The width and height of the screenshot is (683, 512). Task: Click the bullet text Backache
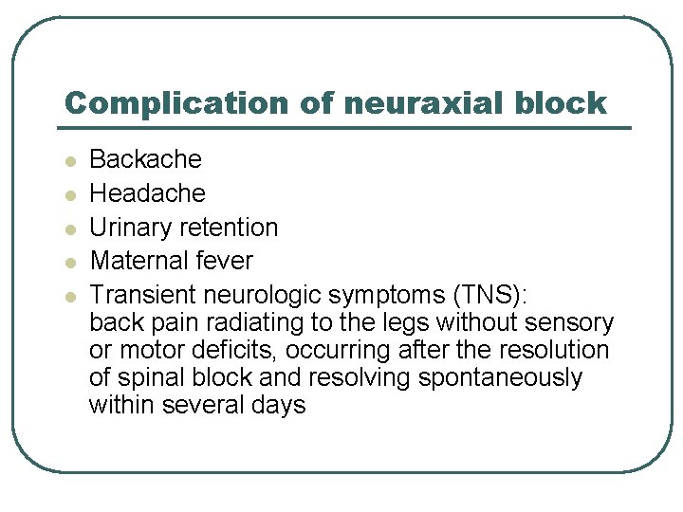[145, 159]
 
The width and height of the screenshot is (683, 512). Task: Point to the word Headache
[147, 193]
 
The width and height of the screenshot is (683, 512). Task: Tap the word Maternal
[133, 260]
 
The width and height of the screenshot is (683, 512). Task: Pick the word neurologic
[257, 294]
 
